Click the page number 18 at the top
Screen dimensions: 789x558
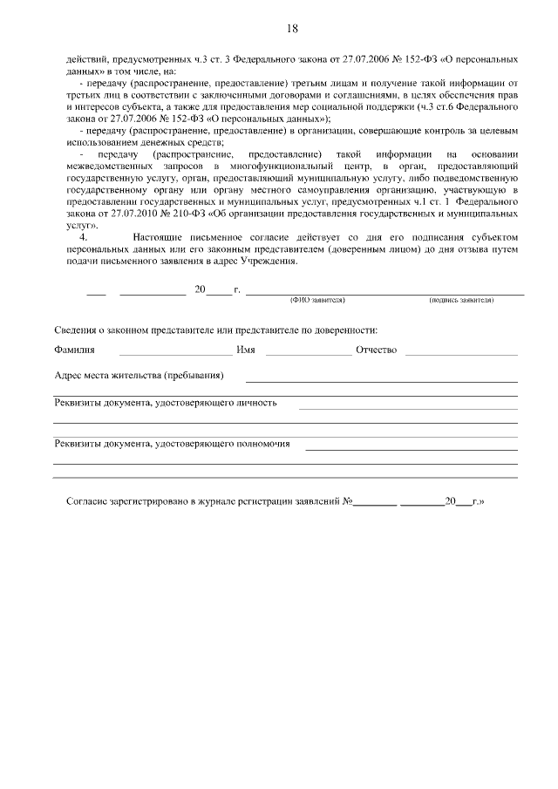click(x=292, y=29)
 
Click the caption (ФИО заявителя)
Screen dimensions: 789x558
click(x=317, y=299)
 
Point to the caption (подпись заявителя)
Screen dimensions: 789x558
click(x=460, y=299)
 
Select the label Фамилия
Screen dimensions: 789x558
click(x=74, y=350)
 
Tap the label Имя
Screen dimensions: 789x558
click(x=246, y=350)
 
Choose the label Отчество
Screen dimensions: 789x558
click(x=376, y=350)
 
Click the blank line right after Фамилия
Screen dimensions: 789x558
click(x=175, y=354)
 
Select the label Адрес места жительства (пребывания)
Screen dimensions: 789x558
click(x=139, y=376)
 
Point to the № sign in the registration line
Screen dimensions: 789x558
click(x=346, y=502)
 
